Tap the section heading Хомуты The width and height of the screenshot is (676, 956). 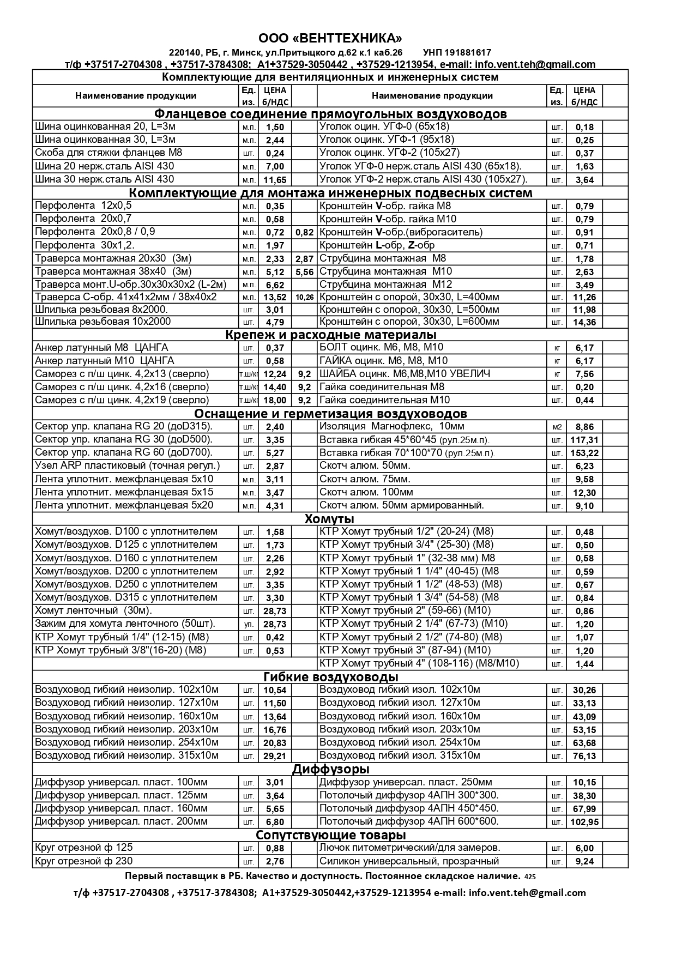(x=329, y=518)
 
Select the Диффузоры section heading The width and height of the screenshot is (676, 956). (x=331, y=769)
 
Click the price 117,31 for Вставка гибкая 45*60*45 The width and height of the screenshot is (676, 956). (x=584, y=440)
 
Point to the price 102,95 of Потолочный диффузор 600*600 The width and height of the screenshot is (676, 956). (x=584, y=822)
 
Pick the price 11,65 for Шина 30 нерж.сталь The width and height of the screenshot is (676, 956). (x=275, y=180)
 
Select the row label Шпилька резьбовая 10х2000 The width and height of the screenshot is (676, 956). (x=102, y=322)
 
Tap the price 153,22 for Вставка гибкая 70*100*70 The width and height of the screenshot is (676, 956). (x=584, y=453)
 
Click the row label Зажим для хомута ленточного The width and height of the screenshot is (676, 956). (x=125, y=624)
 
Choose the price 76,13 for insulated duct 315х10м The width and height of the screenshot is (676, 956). (x=584, y=756)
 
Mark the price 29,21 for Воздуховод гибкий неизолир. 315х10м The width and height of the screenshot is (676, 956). (x=275, y=756)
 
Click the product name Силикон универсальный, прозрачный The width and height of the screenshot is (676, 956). (x=409, y=861)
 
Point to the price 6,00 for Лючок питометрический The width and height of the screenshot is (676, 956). (x=584, y=848)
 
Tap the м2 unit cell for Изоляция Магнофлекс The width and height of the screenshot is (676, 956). (x=557, y=427)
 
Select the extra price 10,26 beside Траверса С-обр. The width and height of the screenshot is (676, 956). (x=305, y=298)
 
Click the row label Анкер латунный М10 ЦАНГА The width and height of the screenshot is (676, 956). (x=104, y=361)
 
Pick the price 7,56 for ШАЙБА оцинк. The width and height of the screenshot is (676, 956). (x=584, y=374)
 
